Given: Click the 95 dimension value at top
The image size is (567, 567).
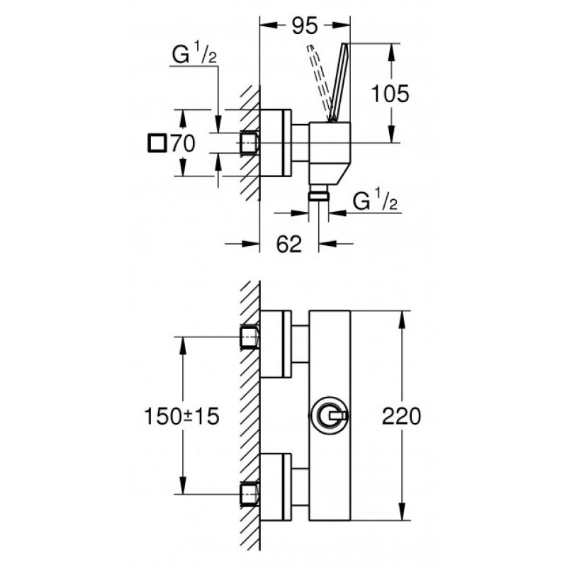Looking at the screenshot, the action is point(305,26).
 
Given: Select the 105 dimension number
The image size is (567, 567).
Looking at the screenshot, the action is point(391,94).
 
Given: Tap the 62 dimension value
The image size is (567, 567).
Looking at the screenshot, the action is point(288,244).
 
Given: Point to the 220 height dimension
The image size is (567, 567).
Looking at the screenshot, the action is point(401,416).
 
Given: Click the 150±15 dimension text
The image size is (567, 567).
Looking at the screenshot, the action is point(181,416).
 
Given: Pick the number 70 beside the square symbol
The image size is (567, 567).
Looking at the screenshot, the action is point(183,143).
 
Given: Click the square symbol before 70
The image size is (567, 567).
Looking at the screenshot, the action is point(157,143).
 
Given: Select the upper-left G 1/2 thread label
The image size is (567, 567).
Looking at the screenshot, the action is point(194,52).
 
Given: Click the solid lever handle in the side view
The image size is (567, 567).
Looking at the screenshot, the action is point(339,82).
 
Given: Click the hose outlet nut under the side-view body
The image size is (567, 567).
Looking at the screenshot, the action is point(318,196).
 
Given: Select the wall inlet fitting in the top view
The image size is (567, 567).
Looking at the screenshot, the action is point(249,143).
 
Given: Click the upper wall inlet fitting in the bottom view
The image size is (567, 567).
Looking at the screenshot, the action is point(249,337).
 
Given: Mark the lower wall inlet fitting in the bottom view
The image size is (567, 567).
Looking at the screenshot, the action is point(249,494).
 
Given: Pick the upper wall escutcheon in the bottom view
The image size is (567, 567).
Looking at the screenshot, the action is point(276,344).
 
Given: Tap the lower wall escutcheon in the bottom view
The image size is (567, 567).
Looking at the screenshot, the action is point(276,487).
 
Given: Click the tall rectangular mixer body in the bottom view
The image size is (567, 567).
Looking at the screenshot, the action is point(330,415).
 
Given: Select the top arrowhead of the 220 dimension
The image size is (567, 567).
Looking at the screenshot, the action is point(401,320).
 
